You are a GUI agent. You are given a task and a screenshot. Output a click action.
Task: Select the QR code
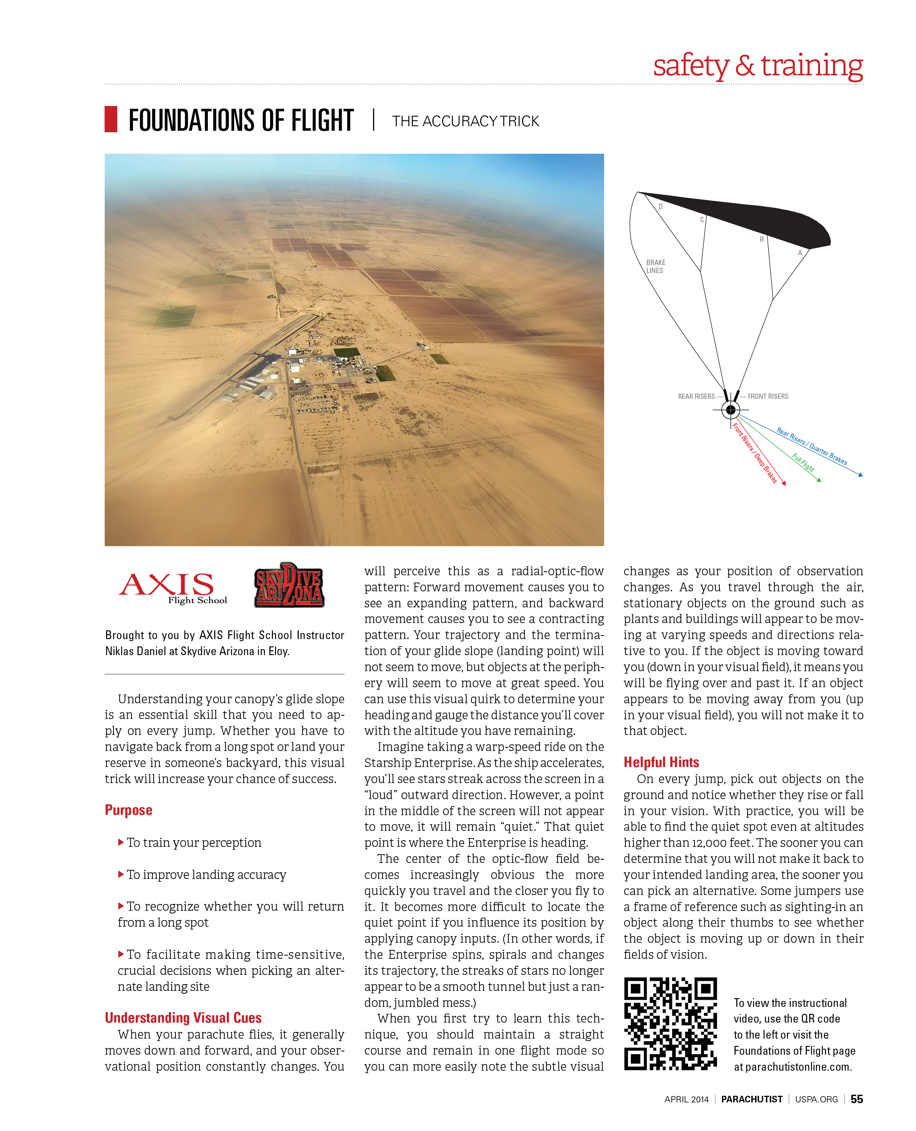(670, 1023)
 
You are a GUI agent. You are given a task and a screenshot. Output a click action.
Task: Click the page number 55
(856, 1099)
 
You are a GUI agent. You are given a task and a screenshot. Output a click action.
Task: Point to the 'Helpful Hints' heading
(661, 762)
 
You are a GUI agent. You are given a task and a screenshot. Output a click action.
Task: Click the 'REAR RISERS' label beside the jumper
(696, 396)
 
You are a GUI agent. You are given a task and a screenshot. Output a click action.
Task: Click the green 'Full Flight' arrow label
(803, 462)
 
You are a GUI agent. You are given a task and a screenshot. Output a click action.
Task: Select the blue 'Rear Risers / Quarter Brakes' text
(812, 446)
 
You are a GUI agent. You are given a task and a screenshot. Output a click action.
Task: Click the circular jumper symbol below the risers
(731, 410)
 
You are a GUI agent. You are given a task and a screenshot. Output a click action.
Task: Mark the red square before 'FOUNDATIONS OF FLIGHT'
(111, 119)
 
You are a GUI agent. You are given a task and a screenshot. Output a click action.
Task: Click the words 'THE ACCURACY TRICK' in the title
(466, 121)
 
